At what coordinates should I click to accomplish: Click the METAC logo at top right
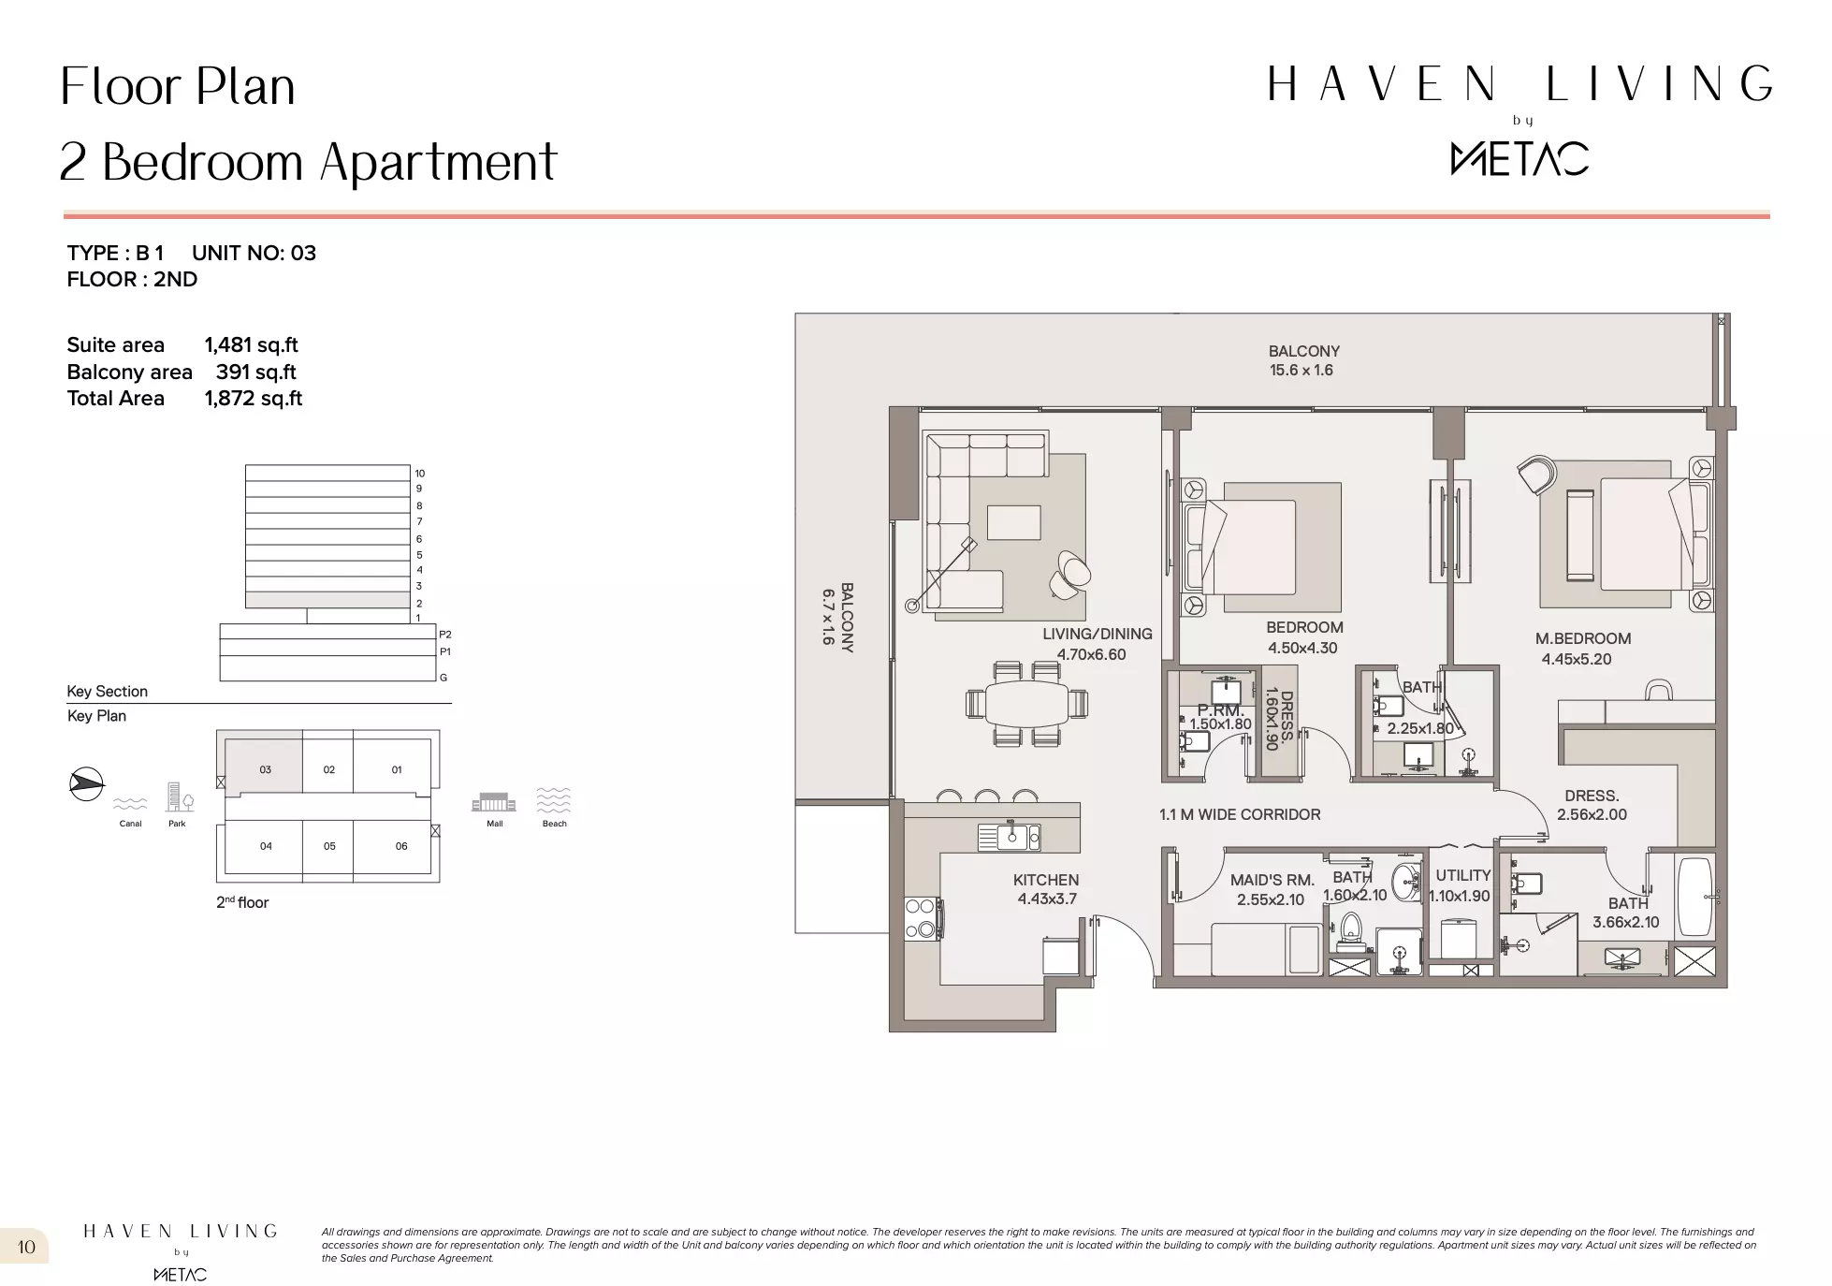[1519, 158]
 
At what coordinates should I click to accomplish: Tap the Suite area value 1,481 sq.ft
[251, 345]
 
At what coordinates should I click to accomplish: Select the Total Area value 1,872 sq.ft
[254, 399]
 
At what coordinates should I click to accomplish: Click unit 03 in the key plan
[265, 769]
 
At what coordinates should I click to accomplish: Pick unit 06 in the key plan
[401, 846]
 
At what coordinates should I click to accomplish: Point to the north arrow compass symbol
[86, 783]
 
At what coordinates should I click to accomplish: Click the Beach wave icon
[554, 800]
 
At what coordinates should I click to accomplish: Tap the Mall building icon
[494, 803]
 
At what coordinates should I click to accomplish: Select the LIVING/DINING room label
[1098, 634]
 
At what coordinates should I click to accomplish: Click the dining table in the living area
[1026, 703]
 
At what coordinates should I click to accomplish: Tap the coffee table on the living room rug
[1013, 522]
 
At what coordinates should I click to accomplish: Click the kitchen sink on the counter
[1011, 837]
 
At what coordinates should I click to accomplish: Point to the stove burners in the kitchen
[922, 917]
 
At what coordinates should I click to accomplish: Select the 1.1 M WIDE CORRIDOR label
[1240, 814]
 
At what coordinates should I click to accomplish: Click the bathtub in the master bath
[1694, 896]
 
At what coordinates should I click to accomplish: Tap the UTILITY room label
[1463, 875]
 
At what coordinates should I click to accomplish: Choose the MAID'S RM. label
[1272, 880]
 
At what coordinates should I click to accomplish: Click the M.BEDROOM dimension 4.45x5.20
[1577, 659]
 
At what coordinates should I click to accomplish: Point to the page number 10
[26, 1247]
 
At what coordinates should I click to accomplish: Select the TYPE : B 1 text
[115, 253]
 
